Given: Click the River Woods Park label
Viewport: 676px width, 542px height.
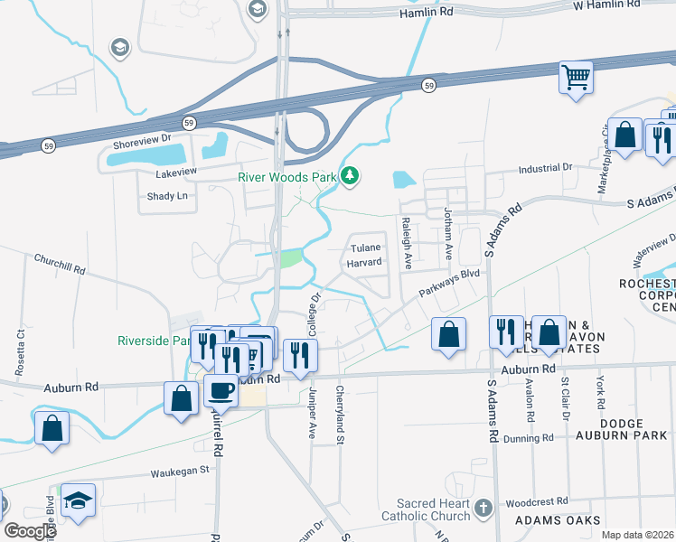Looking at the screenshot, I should [286, 177].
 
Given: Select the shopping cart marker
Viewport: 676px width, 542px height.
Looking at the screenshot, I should [576, 77].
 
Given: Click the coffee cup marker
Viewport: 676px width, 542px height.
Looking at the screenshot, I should [221, 390].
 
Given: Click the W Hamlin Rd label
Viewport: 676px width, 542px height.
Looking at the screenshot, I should [614, 5].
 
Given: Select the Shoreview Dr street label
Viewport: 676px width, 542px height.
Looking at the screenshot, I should [142, 139].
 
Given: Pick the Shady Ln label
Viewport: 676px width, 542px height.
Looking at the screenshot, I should [167, 196].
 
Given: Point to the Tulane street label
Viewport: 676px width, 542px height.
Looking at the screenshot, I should [367, 247].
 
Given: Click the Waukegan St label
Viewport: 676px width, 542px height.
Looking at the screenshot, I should [179, 471].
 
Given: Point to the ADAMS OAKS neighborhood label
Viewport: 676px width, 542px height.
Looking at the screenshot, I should [558, 521].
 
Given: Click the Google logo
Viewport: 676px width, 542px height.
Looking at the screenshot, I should [30, 531].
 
